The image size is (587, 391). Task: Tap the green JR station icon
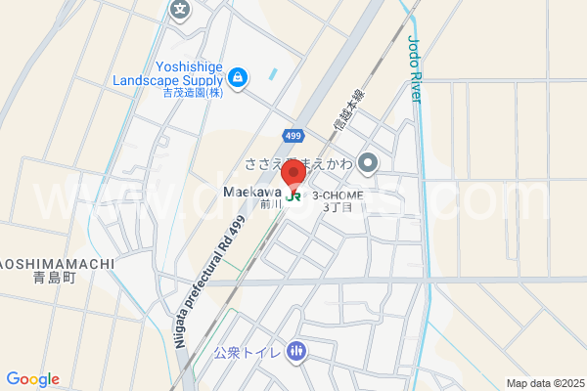(x=294, y=195)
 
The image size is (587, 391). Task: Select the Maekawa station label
(x=252, y=192)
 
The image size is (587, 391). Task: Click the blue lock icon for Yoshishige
(x=237, y=75)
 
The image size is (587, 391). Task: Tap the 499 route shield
(x=293, y=133)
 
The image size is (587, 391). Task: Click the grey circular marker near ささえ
(x=368, y=162)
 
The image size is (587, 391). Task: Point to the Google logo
(x=32, y=379)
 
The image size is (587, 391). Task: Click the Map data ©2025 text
(x=545, y=383)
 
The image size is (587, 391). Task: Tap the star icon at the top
(x=181, y=10)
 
